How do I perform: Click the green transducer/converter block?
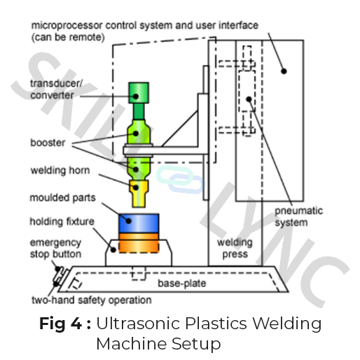coord(139,92)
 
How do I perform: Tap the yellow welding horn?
coord(139,193)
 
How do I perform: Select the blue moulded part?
coord(139,223)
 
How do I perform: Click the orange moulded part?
coord(139,243)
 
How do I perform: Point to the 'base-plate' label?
coord(182,283)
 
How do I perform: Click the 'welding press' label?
coord(235,248)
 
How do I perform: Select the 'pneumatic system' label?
coord(298,216)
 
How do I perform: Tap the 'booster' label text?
coord(48,143)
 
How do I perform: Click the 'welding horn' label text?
coord(60,170)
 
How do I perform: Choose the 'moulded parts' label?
coord(62,198)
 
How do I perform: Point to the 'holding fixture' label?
coord(62,221)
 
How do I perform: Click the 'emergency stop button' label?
coord(55,249)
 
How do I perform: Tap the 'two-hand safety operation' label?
coord(92,300)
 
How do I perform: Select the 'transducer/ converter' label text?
coord(56,90)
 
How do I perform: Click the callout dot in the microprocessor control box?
coord(284,71)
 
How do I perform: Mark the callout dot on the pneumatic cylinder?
coord(249,99)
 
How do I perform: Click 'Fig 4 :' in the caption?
coord(65,324)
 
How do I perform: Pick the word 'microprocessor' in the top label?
coord(67,25)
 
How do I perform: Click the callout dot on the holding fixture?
coord(113,250)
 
